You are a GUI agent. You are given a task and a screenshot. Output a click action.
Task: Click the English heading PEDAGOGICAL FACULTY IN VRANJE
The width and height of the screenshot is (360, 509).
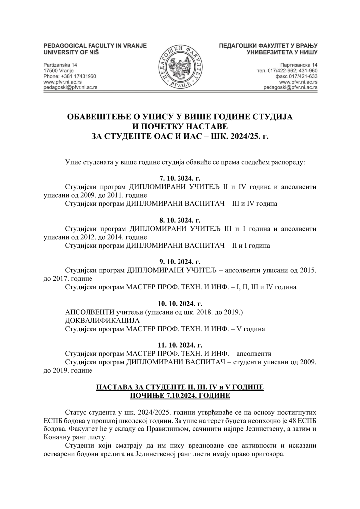tap(95, 45)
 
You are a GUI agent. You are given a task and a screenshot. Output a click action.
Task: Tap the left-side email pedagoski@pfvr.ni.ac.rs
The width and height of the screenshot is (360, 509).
tap(70, 87)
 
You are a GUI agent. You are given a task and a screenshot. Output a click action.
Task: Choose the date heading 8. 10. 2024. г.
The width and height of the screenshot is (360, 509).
tap(180, 220)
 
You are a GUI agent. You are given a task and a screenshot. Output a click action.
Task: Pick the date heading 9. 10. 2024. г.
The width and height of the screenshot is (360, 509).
tap(180, 261)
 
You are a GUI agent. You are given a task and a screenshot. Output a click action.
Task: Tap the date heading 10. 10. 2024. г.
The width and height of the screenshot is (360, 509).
tap(180, 303)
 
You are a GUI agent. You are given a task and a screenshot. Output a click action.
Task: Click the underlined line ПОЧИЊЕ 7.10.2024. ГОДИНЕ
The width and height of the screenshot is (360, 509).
tap(180, 395)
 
